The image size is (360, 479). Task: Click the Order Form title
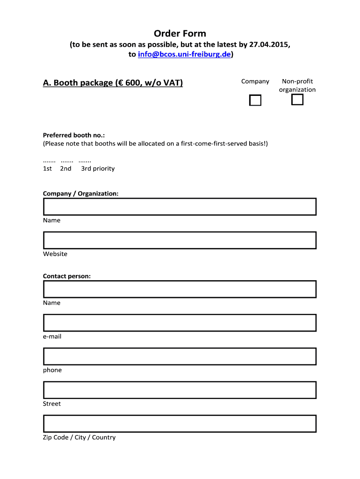[180, 34]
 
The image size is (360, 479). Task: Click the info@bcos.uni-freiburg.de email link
[184, 55]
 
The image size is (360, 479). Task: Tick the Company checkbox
[255, 100]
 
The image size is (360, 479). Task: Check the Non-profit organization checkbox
[297, 100]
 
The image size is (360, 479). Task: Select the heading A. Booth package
[113, 83]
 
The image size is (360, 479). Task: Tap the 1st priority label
[48, 168]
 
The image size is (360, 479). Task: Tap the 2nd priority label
[66, 168]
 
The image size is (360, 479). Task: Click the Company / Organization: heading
[80, 193]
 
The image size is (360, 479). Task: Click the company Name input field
[180, 206]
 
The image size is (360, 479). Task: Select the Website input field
[180, 240]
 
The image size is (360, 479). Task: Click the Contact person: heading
[67, 276]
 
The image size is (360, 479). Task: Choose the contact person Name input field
[180, 289]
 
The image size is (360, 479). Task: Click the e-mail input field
[180, 323]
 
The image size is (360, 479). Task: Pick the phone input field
[180, 356]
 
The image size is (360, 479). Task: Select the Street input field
[180, 390]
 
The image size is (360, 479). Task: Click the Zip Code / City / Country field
[180, 424]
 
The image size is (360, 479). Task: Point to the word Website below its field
[55, 254]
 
